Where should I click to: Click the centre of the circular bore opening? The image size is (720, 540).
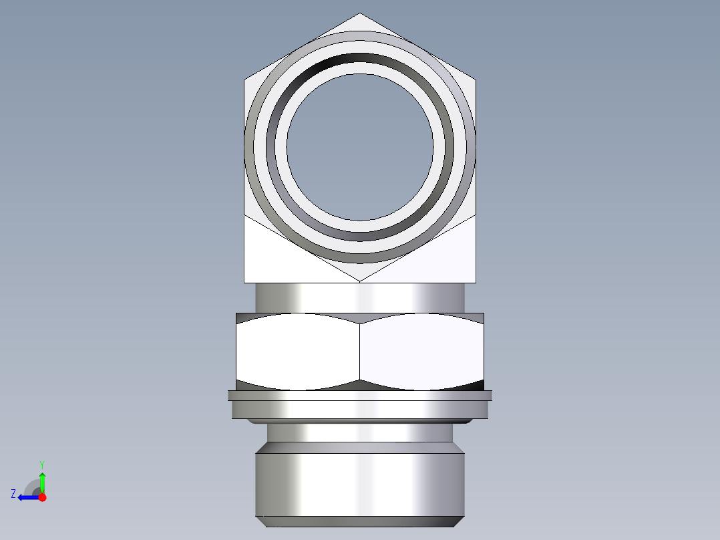click(x=360, y=146)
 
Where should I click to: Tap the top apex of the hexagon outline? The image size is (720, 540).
click(x=360, y=14)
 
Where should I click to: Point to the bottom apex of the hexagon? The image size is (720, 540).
click(x=360, y=281)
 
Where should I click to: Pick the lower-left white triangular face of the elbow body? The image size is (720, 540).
click(x=274, y=257)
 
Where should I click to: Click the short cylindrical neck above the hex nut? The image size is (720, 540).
click(x=360, y=297)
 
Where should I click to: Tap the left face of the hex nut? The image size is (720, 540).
click(x=298, y=352)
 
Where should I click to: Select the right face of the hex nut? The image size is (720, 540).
click(x=421, y=352)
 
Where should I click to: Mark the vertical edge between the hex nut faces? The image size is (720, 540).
click(x=360, y=352)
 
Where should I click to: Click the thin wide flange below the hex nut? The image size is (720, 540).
click(x=360, y=395)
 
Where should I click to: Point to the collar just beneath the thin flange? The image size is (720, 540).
click(x=360, y=410)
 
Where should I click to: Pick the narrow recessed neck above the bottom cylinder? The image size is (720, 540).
click(x=360, y=432)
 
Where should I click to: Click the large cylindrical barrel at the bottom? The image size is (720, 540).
click(x=360, y=485)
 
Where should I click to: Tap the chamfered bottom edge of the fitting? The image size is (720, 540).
click(x=360, y=521)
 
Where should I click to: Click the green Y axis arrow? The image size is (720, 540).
click(x=42, y=480)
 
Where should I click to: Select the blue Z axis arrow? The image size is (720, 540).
click(x=27, y=497)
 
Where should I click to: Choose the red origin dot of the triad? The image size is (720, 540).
click(x=43, y=497)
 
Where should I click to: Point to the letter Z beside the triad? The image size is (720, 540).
click(x=13, y=494)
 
